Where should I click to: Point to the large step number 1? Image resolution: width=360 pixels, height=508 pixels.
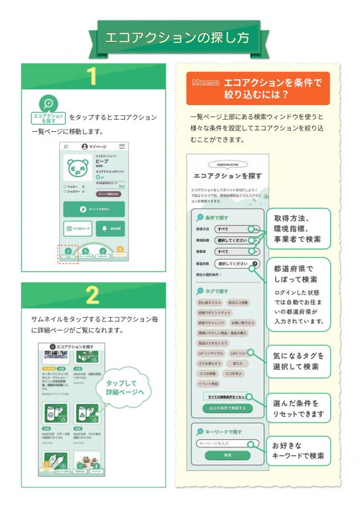click(x=92, y=76)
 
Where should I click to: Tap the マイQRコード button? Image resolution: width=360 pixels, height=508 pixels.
click(x=77, y=228)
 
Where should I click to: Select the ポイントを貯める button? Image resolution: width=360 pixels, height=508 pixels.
click(x=94, y=209)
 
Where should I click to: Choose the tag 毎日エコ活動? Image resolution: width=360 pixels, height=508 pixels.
click(x=238, y=303)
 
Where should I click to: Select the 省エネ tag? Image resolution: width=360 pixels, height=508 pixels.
click(x=239, y=363)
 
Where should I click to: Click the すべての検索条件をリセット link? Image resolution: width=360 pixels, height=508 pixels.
click(x=228, y=397)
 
